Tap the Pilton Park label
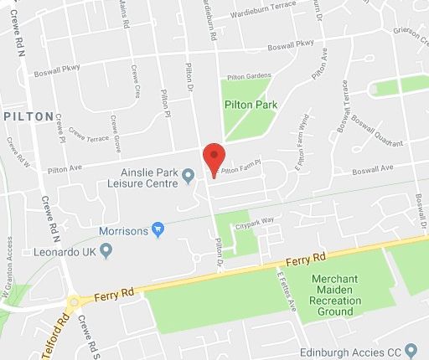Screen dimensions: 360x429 251,105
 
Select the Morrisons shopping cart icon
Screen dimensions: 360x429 157,229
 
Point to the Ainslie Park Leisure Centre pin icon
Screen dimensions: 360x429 189,175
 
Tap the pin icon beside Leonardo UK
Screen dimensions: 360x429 106,250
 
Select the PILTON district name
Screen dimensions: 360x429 29,116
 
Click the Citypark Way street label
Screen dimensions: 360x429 255,224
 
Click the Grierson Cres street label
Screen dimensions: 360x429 407,33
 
